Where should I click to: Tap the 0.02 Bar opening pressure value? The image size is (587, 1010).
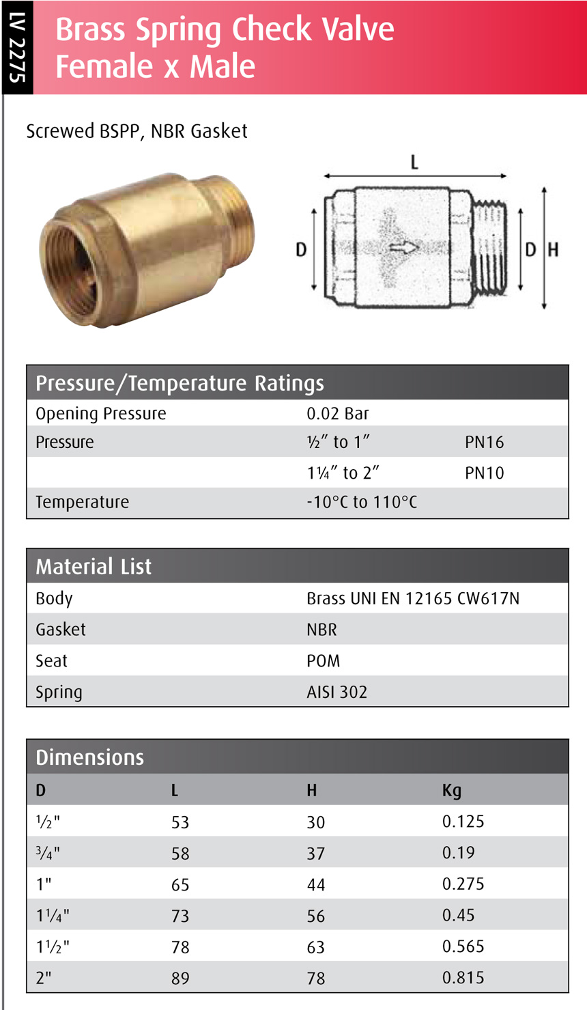[x=337, y=414]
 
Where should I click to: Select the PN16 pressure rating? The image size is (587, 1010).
[x=484, y=443]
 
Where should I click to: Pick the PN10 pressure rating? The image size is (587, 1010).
[x=484, y=473]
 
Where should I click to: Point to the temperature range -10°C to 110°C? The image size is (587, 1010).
[x=362, y=503]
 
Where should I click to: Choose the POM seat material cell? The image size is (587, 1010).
[x=323, y=661]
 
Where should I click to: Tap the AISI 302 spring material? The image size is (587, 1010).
[x=337, y=692]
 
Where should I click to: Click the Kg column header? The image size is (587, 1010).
[x=451, y=790]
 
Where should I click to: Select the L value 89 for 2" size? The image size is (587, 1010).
[x=180, y=979]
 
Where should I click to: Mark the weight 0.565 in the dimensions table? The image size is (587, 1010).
[x=463, y=946]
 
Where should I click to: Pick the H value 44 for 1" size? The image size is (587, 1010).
[x=315, y=885]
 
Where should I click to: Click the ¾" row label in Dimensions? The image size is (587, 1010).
[x=48, y=854]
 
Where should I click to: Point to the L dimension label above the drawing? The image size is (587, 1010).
[x=414, y=163]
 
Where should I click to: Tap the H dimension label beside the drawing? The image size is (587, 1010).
[x=553, y=250]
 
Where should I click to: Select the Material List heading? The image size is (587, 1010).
[x=94, y=567]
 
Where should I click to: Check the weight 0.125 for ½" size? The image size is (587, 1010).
[x=463, y=822]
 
